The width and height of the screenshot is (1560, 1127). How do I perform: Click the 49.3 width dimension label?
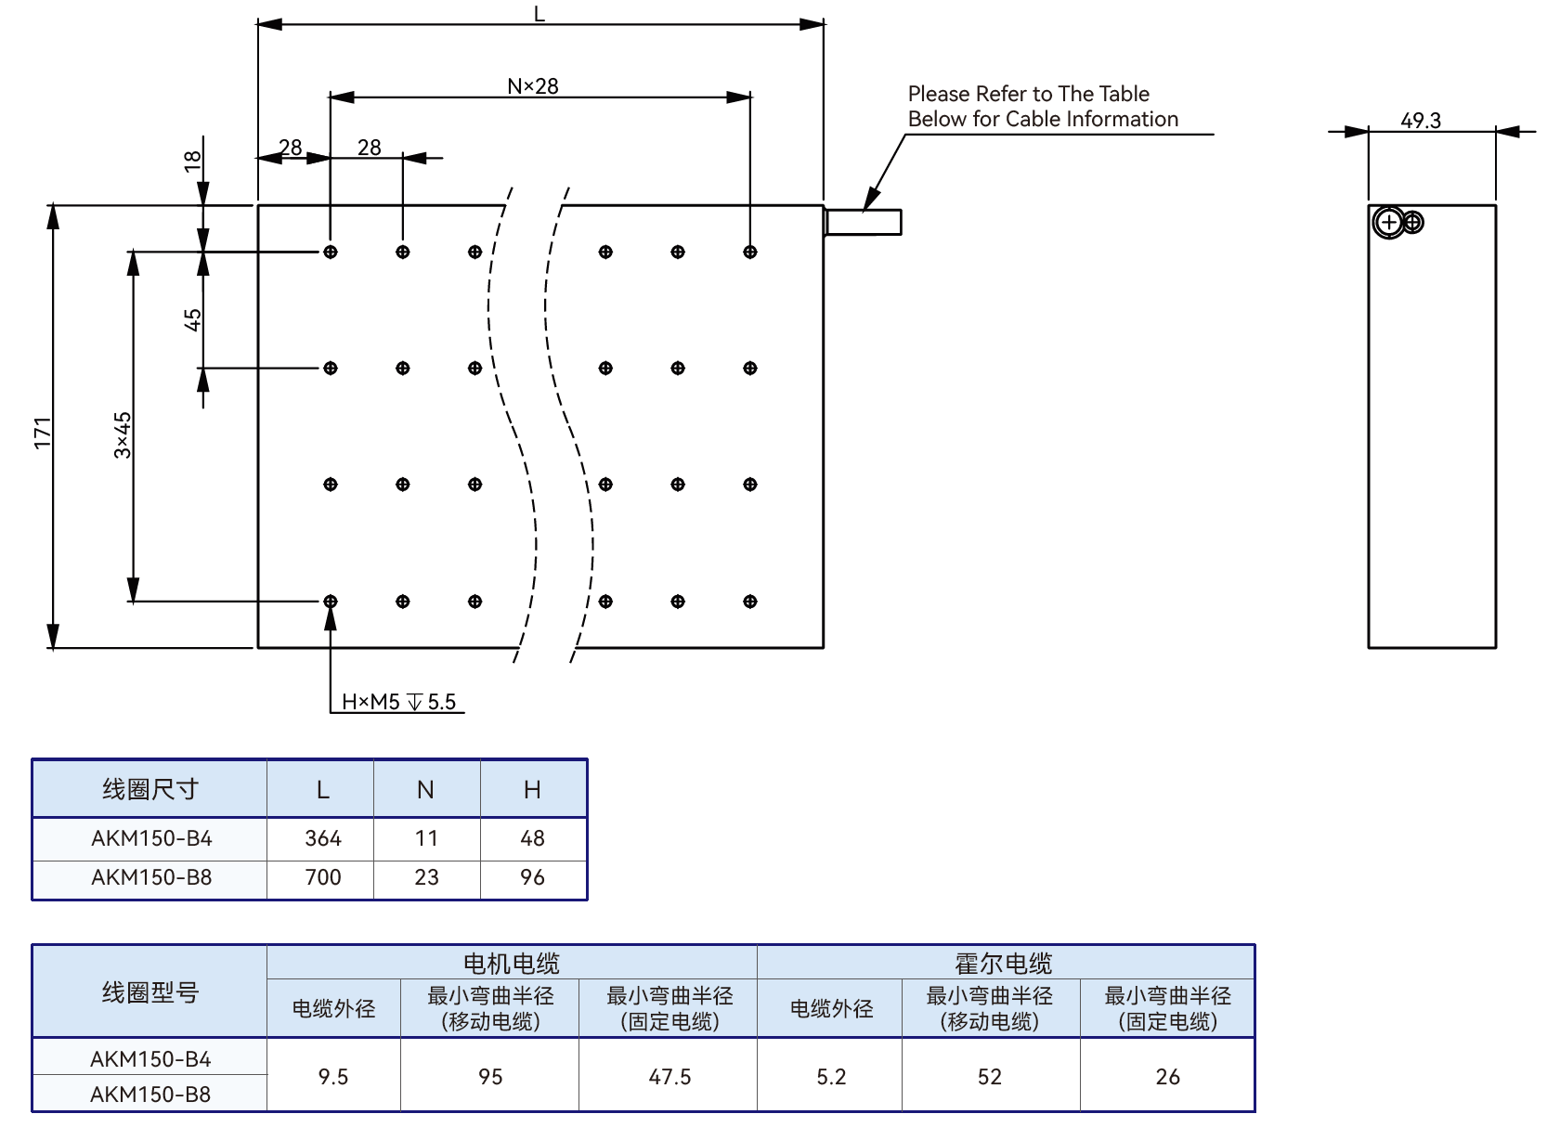1420,121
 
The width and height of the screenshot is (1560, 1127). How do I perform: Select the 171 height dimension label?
43,433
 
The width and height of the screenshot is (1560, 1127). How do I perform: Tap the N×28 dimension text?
533,86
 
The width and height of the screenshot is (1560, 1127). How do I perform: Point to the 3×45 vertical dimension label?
123,435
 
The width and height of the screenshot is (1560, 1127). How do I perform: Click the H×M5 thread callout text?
398,702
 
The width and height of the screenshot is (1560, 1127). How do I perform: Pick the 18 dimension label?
193,162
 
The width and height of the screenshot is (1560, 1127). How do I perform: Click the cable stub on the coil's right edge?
863,222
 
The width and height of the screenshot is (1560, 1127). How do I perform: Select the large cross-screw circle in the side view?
1389,223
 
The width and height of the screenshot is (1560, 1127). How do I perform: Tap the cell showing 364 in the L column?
323,838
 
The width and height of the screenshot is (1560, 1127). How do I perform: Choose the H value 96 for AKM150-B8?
533,877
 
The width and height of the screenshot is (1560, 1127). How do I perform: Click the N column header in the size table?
425,790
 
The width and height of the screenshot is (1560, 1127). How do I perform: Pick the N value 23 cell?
427,877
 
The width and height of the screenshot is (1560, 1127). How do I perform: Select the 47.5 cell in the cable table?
669,1077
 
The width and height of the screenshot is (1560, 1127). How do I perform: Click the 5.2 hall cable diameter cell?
831,1077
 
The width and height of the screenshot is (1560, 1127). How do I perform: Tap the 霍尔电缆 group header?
1004,964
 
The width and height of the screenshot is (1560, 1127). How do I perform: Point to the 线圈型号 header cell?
150,992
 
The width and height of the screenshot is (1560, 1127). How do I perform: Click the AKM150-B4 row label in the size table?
151,838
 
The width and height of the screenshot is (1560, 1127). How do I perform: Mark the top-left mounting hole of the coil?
331,252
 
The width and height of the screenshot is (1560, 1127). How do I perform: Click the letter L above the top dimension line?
539,13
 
